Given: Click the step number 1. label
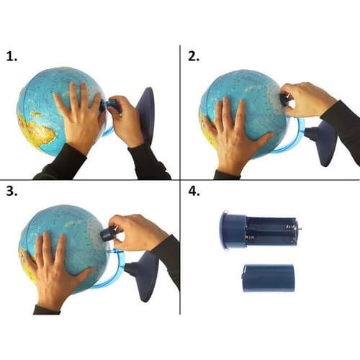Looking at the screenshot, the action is coord(12,57).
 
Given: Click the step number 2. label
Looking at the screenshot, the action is coord(194,57).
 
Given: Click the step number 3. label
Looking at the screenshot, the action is coord(12,192).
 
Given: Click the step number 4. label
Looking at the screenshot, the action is coord(194,192).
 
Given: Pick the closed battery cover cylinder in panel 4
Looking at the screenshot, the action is coord(268,278).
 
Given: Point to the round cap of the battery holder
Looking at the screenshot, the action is coord(233,230).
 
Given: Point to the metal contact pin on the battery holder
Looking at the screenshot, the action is coord(300,228).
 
